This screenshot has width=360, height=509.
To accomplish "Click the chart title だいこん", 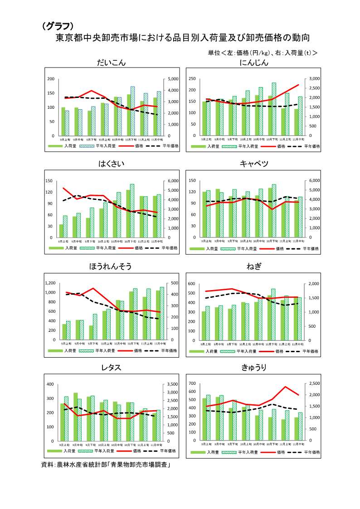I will click(112, 63).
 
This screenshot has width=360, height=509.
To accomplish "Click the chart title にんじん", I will click(254, 63).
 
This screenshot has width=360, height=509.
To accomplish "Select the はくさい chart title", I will click(112, 164).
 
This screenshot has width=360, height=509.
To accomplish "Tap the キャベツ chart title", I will click(254, 164).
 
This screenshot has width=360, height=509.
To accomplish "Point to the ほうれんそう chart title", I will click(111, 267).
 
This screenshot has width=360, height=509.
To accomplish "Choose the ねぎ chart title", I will click(254, 267).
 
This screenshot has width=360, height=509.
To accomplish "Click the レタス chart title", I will click(112, 368).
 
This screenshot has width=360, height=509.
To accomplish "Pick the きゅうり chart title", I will click(254, 368).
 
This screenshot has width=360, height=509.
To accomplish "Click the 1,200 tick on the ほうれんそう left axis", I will click(49, 283).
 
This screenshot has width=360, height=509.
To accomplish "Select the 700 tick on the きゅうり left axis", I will click(192, 384).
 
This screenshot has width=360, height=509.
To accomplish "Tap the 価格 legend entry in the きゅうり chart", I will click(280, 452).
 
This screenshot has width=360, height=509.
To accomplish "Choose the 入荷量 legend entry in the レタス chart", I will click(69, 451).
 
